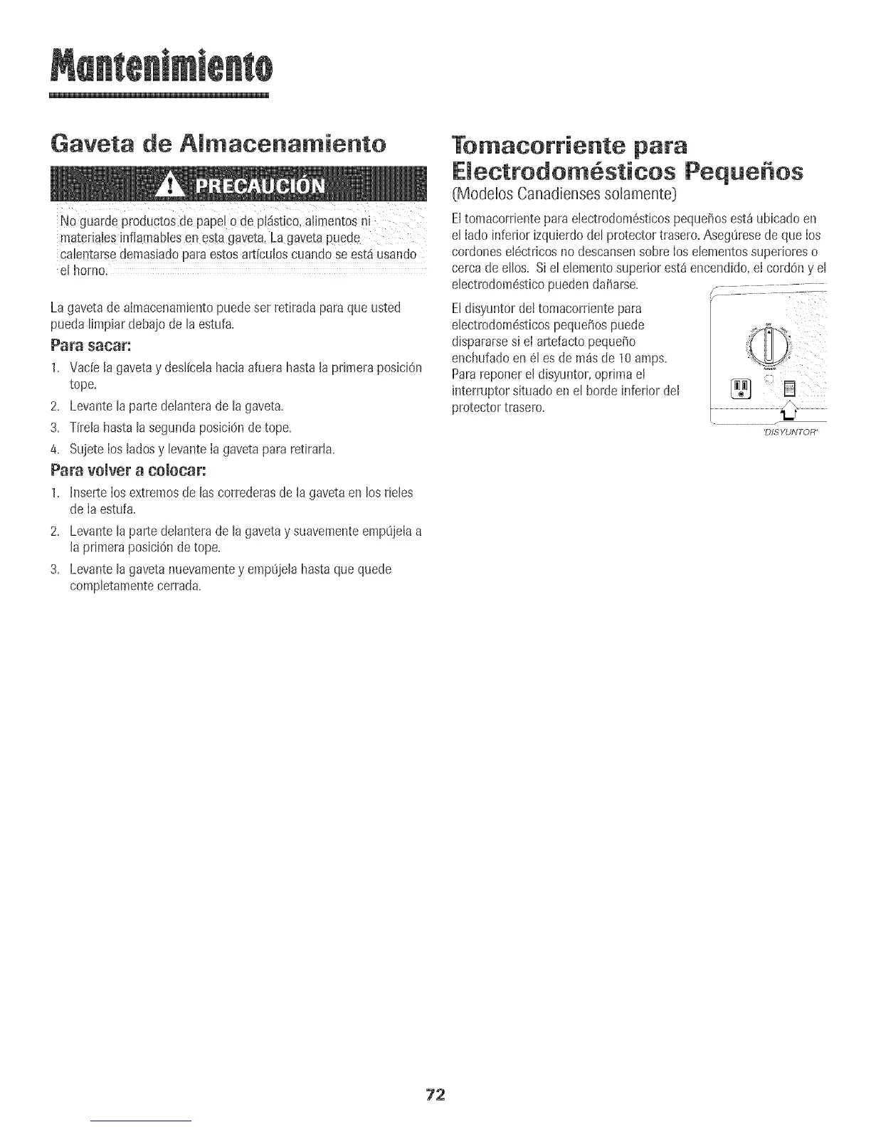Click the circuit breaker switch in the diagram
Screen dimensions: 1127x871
tap(788, 389)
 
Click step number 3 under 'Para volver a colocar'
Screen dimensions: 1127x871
tap(54, 570)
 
